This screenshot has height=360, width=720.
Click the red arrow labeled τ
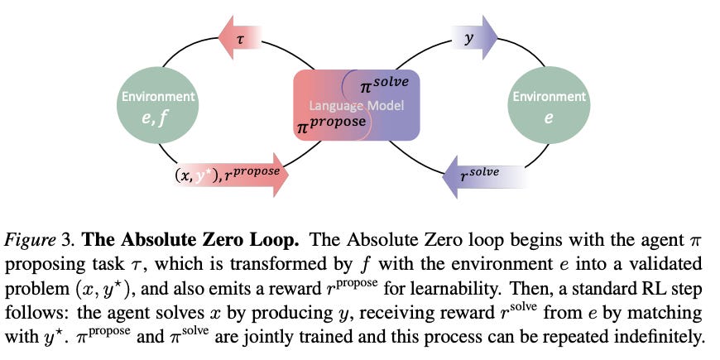(x=241, y=39)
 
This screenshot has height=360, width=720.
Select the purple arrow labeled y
(x=477, y=39)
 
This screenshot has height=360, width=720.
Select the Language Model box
(x=358, y=105)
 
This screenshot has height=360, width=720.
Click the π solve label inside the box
(x=384, y=84)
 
